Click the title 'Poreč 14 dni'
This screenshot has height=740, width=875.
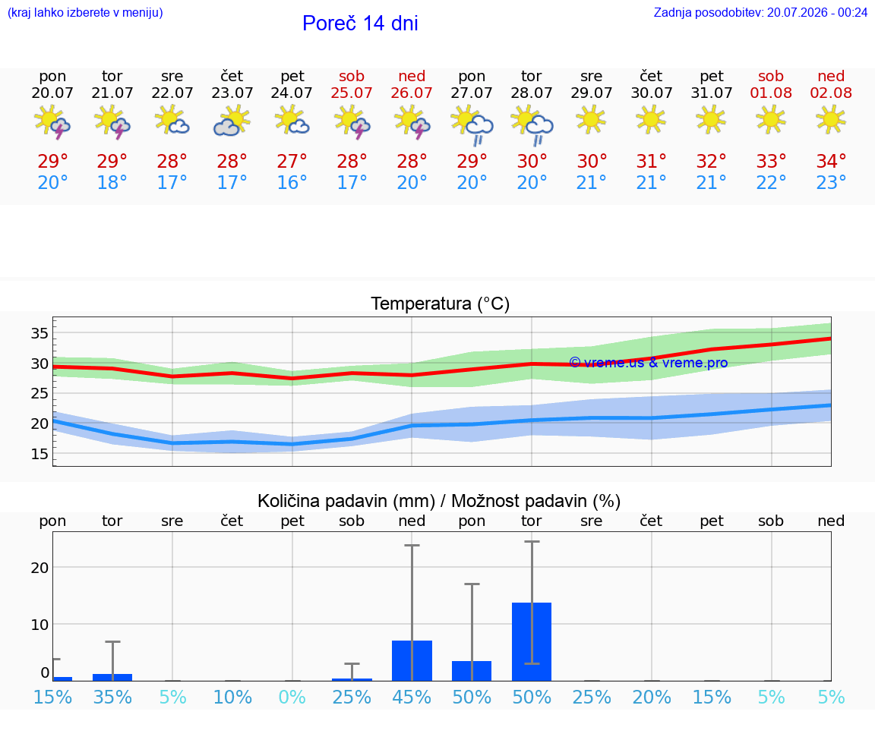tap(360, 24)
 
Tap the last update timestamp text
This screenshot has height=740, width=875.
tap(760, 12)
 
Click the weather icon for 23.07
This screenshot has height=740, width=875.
tap(232, 121)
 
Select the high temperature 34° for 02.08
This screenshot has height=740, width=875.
tap(831, 161)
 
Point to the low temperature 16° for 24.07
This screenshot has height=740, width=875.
tap(292, 182)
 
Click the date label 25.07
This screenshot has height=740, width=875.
tap(352, 93)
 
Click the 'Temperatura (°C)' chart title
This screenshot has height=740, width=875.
tap(441, 304)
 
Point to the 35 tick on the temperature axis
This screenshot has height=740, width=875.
tap(39, 333)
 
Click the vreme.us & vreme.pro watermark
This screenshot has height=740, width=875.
tap(649, 363)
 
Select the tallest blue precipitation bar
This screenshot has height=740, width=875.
tap(532, 641)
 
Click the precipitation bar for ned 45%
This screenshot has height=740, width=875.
tap(412, 661)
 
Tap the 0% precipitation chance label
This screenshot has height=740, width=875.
tap(292, 697)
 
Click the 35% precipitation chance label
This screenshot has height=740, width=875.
tap(112, 697)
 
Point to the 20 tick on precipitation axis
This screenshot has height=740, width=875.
tap(39, 568)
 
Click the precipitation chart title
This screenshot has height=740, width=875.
tap(439, 501)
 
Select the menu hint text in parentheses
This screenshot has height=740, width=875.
tap(85, 12)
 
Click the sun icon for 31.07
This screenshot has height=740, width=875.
tap(711, 119)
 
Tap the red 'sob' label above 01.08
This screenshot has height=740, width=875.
tap(771, 76)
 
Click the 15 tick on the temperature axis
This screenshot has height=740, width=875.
tap(39, 454)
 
